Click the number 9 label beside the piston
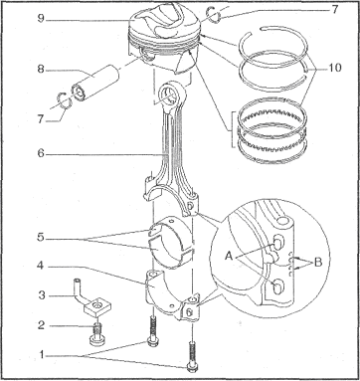click(41, 18)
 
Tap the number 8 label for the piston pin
click(41, 70)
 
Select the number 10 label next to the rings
click(335, 68)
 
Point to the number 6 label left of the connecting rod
click(41, 154)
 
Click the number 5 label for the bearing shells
click(41, 238)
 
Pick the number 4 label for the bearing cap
click(41, 267)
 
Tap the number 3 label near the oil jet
click(42, 294)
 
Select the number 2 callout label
click(41, 325)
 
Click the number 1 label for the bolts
click(42, 355)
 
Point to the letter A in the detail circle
click(229, 256)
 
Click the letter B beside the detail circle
click(318, 263)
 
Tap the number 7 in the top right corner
click(335, 9)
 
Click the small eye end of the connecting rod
click(172, 95)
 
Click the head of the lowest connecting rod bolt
click(191, 366)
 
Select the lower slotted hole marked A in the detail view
click(278, 287)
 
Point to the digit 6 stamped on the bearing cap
click(189, 311)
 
